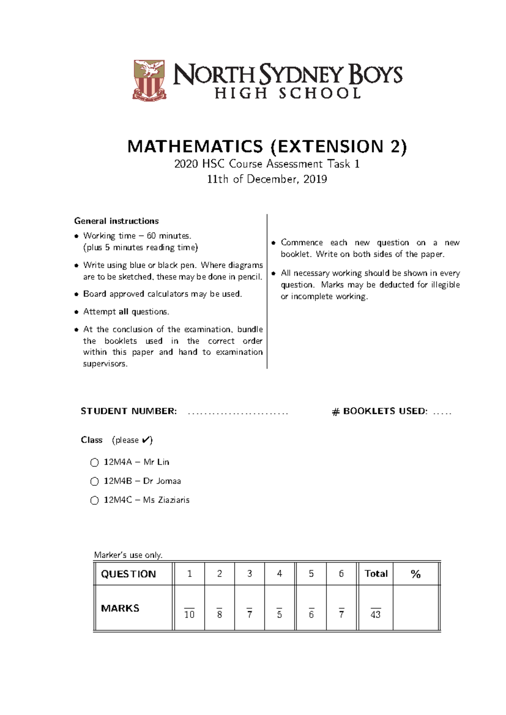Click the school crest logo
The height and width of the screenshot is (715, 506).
point(149,80)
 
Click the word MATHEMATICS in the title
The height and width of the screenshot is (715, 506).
point(195,147)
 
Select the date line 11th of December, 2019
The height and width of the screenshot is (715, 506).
point(267,179)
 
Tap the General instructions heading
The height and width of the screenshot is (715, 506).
point(116,221)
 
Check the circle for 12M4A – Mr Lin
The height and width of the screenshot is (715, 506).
point(94,462)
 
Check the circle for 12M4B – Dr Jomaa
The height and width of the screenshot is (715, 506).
point(94,481)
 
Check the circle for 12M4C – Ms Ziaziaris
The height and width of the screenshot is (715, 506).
point(94,500)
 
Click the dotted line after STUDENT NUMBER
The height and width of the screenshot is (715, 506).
point(237,413)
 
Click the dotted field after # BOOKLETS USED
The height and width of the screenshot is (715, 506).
point(442,413)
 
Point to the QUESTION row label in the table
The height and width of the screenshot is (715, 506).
point(128,574)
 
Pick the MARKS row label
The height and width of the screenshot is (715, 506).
point(120,608)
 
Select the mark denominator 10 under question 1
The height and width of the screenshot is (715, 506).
point(189,614)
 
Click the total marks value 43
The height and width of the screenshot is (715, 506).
point(375,614)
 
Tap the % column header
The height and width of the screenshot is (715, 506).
point(415,574)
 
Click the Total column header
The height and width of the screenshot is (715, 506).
point(376,573)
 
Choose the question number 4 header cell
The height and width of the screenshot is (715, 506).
point(279,573)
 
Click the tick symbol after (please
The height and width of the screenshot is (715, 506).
point(145,440)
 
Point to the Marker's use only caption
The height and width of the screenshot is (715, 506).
point(128,555)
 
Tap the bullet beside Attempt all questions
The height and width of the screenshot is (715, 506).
point(76,312)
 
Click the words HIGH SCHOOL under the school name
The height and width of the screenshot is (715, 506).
point(288,93)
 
